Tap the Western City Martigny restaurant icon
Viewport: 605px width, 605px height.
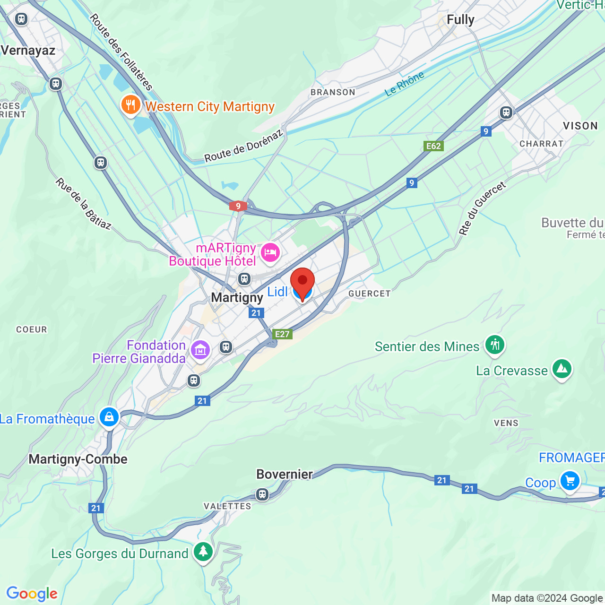[130, 105]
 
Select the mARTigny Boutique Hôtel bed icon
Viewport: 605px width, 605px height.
[270, 253]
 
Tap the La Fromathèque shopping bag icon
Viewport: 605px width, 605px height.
[109, 418]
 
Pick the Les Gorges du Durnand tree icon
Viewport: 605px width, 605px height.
[203, 552]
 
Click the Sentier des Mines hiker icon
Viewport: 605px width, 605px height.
[495, 345]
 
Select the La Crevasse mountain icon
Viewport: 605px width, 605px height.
[562, 369]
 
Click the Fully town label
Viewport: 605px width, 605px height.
[460, 20]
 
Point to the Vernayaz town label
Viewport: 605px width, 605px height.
[28, 51]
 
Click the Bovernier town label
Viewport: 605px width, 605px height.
[285, 474]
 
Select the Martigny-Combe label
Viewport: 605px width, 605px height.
[78, 459]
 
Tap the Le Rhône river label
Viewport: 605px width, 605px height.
[404, 84]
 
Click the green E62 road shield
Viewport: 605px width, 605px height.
[433, 146]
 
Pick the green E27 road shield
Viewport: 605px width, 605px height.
[282, 334]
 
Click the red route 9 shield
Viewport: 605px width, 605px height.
[238, 206]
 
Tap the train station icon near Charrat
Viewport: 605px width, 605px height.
[506, 112]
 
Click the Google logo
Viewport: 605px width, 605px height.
[32, 594]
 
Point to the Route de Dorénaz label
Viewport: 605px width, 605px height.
[243, 147]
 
